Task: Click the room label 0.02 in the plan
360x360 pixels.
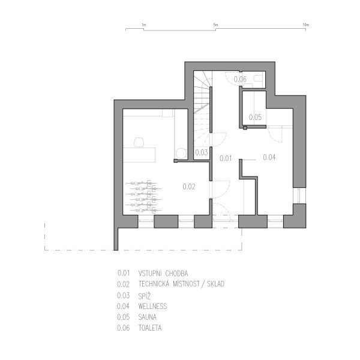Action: coord(189,187)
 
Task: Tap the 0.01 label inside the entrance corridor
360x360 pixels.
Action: coord(226,158)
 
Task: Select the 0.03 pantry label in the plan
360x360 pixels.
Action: coord(202,152)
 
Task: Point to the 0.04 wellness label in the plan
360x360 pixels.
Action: coord(269,157)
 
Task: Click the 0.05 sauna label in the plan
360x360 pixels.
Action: coord(256,117)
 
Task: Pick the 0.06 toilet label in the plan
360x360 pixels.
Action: coord(240,79)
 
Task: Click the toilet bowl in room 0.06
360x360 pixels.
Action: coord(258,78)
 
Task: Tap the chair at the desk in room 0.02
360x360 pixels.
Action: coord(139,142)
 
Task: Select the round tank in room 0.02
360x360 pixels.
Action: coord(181,153)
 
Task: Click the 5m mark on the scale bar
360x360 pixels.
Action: coord(215,25)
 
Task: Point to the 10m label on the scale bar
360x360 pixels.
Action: coord(306,25)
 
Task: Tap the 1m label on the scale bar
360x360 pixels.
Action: coord(144,25)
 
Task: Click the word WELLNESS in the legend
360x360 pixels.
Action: coord(152,306)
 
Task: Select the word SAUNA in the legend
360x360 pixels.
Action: coord(148,317)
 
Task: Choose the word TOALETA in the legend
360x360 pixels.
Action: coord(150,328)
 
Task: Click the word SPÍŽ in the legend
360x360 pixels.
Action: coord(145,296)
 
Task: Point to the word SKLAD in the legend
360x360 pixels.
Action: coord(215,284)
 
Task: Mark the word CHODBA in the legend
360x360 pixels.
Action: coord(176,274)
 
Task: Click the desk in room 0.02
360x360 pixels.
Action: coord(139,155)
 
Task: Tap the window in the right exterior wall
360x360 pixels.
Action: coord(299,196)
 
